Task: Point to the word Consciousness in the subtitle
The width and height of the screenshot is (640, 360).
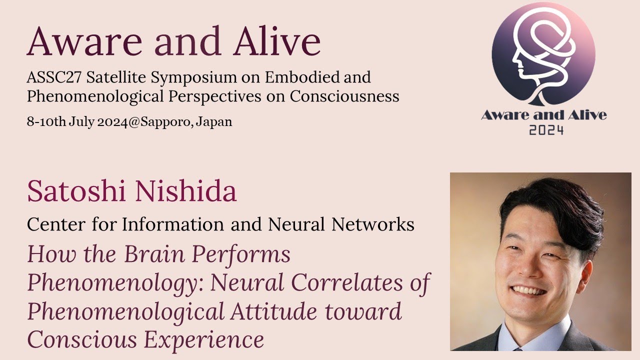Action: click(x=344, y=96)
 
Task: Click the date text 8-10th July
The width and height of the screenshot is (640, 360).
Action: click(x=60, y=122)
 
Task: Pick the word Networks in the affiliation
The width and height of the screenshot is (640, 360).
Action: click(x=373, y=225)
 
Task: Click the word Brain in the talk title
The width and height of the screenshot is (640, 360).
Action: click(x=155, y=254)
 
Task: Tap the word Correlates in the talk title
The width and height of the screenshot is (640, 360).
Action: click(x=349, y=283)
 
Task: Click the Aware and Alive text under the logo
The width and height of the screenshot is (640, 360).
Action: click(x=543, y=115)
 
